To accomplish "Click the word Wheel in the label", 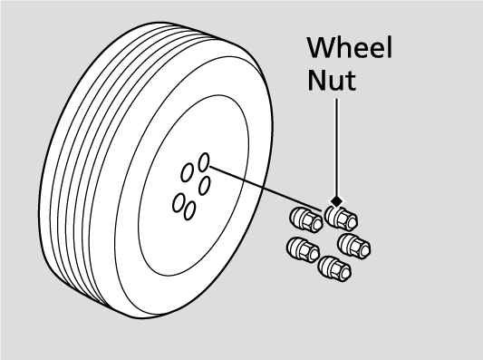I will pyautogui.click(x=349, y=48).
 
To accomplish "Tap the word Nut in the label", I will pyautogui.click(x=331, y=80).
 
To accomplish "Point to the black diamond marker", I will pyautogui.click(x=336, y=201).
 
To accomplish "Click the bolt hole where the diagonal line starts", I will pyautogui.click(x=204, y=161).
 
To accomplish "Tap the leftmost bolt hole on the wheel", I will pyautogui.click(x=178, y=201).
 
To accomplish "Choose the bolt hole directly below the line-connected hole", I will pyautogui.click(x=205, y=185).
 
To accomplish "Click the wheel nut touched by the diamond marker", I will pyautogui.click(x=341, y=219).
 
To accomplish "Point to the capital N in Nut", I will pyautogui.click(x=315, y=80).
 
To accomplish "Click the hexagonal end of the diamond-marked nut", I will pyautogui.click(x=349, y=219).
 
